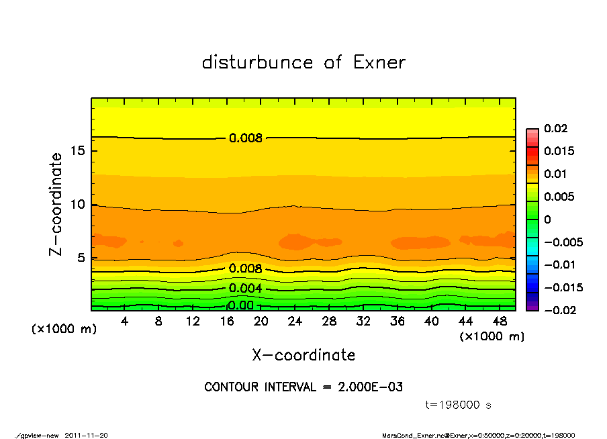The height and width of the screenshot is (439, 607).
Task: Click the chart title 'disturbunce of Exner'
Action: (x=303, y=62)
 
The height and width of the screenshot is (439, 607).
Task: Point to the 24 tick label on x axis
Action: (x=295, y=322)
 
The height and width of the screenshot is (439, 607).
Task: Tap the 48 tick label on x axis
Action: (x=499, y=322)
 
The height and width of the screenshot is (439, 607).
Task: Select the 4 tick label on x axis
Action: (x=125, y=322)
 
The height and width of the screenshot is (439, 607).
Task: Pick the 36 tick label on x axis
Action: (x=397, y=322)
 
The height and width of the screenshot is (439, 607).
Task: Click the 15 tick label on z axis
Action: (x=77, y=150)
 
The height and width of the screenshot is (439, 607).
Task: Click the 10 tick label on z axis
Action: (x=77, y=204)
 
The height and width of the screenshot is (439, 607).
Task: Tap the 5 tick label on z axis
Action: (x=81, y=257)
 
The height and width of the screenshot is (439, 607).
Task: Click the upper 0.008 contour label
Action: (x=246, y=138)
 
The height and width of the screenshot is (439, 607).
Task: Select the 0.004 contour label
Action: (x=246, y=289)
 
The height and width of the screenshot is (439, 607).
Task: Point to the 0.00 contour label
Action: (x=240, y=305)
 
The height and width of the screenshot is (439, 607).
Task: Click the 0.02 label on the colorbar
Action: (x=557, y=128)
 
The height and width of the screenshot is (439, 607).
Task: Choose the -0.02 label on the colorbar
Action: (x=559, y=310)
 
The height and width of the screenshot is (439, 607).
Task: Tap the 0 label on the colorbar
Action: (x=548, y=220)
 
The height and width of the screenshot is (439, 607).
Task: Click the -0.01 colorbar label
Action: (x=559, y=264)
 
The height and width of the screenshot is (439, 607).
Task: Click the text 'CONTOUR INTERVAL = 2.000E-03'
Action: (x=303, y=387)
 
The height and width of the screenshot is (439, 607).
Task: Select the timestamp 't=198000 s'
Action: (x=460, y=405)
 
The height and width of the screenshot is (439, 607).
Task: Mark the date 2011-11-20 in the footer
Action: (x=86, y=435)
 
